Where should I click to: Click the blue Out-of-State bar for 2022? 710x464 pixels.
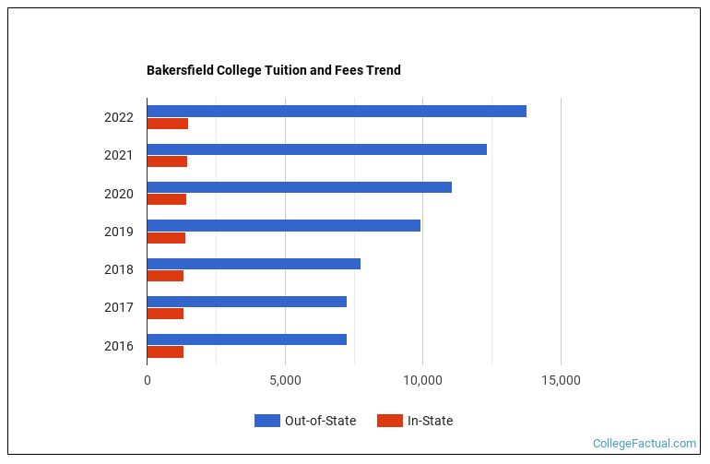tap(337, 111)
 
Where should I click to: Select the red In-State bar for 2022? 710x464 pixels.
tap(167, 124)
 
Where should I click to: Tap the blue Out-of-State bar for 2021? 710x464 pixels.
tap(316, 149)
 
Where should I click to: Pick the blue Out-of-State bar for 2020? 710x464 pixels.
tap(299, 187)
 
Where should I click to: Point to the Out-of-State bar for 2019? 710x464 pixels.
tap(283, 225)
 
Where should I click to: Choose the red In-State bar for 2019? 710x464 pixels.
tap(166, 238)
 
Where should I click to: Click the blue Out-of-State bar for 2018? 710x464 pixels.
tap(254, 264)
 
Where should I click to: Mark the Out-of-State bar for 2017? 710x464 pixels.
tap(246, 302)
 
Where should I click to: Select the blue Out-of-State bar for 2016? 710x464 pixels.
tap(246, 339)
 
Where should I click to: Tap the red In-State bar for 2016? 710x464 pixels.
tap(165, 351)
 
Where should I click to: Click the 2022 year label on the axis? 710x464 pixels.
tap(119, 117)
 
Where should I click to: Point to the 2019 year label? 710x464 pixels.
tap(119, 232)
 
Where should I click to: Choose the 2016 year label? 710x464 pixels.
tap(119, 346)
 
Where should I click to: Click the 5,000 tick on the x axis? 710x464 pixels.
tap(285, 379)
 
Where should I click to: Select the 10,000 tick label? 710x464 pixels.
tap(422, 379)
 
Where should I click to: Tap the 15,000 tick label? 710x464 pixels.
tap(561, 379)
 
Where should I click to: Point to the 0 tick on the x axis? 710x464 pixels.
tap(148, 379)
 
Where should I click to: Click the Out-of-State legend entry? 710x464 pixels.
tap(305, 421)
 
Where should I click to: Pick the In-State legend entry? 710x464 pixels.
tap(415, 421)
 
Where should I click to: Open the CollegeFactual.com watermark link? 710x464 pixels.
tap(645, 444)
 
